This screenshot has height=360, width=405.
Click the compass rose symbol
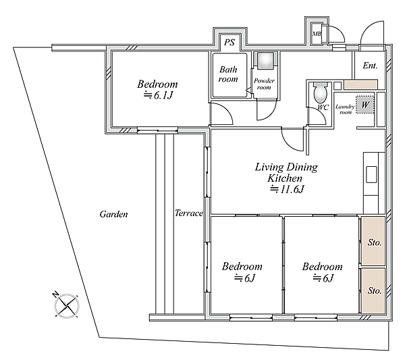pos(67,306)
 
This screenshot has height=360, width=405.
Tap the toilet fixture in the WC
pos(320,93)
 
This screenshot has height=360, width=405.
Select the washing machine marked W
pos(365,105)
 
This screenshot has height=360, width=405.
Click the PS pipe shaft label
pos(230,42)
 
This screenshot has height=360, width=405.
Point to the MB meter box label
pos(317,34)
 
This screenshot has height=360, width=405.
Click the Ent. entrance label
pos(370,66)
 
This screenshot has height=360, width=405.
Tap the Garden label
pos(113,214)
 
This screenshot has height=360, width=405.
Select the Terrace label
pos(189,213)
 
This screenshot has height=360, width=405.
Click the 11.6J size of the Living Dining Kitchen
pos(287,189)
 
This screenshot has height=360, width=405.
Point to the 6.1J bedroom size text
pos(158,96)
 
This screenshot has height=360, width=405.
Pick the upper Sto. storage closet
pos(373,241)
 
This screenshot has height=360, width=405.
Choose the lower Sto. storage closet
pos(373,291)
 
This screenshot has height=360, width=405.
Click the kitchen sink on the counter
pos(371,175)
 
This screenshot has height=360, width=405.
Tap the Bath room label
pos(228,74)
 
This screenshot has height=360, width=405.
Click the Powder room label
pos(264,84)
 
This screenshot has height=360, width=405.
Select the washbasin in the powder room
pos(265,61)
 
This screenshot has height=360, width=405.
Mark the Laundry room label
pos(345,109)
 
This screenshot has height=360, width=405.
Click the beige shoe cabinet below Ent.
pos(360,85)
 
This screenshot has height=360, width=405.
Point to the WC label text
pos(323,107)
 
